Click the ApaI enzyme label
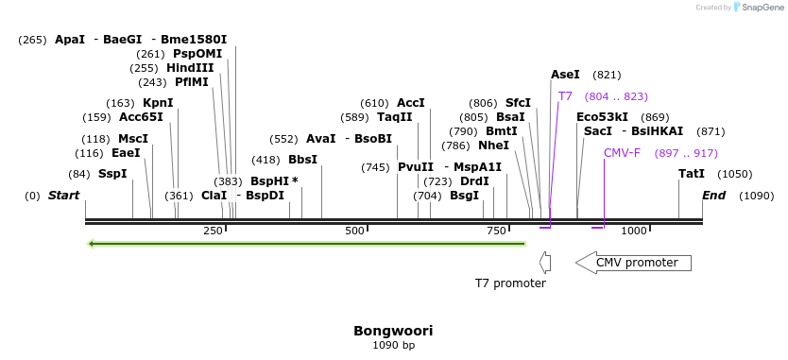(70, 40)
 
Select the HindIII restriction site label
(190, 68)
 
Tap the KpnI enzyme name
(158, 103)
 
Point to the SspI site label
(112, 174)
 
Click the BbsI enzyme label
(302, 160)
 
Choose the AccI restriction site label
(411, 103)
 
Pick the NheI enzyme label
(493, 146)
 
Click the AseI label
(566, 75)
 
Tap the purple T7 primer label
(565, 96)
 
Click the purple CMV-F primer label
(622, 153)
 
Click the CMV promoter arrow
(633, 263)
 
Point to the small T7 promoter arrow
(544, 262)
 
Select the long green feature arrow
(306, 244)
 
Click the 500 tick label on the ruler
(354, 231)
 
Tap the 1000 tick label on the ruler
(634, 231)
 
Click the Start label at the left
(63, 196)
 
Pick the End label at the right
(713, 196)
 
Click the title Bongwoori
(393, 331)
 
